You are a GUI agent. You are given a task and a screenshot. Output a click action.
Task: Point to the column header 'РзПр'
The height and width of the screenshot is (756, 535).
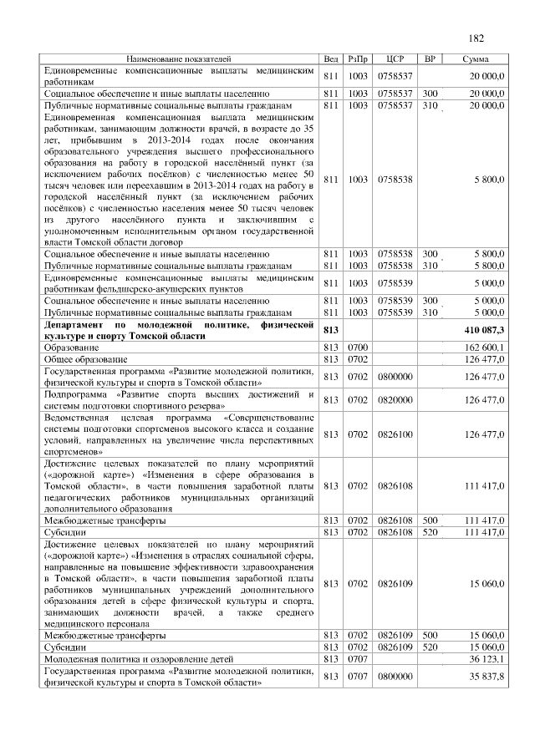coord(358,59)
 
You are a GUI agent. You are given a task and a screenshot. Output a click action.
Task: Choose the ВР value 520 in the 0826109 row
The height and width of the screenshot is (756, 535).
coord(431,647)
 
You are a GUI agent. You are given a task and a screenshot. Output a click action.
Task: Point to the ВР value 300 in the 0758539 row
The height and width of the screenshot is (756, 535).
coord(431,299)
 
